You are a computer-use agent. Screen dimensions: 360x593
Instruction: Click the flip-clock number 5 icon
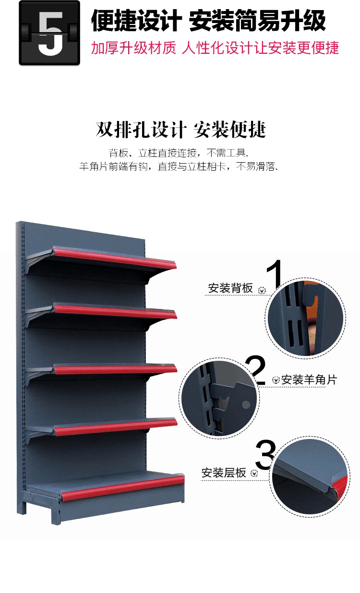[49, 33]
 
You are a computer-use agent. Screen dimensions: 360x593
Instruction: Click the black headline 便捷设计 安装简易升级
[208, 20]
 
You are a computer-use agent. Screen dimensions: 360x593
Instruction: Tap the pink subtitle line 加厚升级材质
[134, 48]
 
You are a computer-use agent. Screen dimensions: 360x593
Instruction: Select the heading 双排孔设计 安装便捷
[180, 130]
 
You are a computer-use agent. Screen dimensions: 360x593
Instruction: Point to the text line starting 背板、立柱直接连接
[178, 153]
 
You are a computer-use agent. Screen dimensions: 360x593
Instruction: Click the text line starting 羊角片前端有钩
[178, 166]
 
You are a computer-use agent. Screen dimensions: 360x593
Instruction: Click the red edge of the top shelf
[115, 258]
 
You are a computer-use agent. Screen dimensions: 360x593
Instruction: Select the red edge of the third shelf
[116, 369]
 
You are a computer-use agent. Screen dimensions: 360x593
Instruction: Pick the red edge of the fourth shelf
[116, 426]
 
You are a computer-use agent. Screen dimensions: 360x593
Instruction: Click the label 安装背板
[230, 288]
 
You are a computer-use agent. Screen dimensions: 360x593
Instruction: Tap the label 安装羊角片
[309, 380]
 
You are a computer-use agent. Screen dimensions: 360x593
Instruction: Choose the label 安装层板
[224, 473]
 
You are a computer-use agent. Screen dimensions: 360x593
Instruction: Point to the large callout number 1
[275, 274]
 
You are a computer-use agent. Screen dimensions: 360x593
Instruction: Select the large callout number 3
[265, 454]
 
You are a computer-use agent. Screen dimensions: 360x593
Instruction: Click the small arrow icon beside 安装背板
[262, 290]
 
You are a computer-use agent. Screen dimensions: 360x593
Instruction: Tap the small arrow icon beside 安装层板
[254, 473]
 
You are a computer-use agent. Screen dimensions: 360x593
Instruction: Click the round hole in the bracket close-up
[246, 405]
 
